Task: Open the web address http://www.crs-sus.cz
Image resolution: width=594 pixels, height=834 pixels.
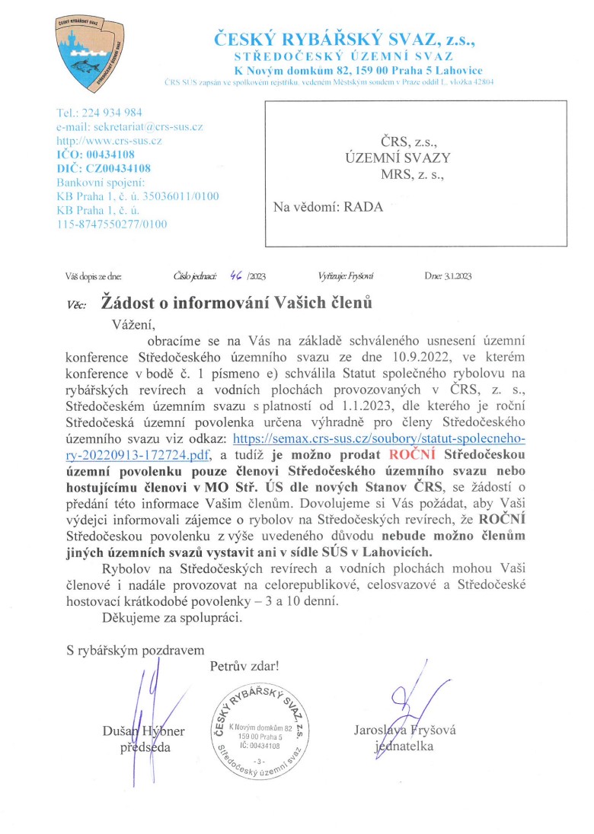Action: [x=109, y=141]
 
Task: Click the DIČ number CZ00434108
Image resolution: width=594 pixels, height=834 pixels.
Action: [x=122, y=168]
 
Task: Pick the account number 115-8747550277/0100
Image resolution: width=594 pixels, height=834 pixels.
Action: [x=112, y=224]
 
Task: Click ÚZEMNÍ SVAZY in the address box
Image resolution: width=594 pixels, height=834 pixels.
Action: [x=398, y=158]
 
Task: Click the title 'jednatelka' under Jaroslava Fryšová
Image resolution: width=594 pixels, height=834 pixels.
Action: [x=404, y=746]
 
